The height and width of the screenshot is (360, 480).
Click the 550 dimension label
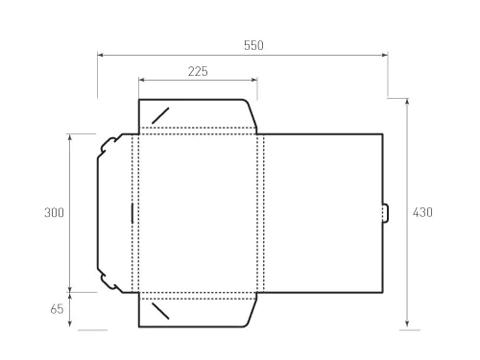click(x=253, y=45)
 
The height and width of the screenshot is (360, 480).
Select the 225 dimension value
click(x=197, y=71)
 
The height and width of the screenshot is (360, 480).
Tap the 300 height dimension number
click(x=54, y=213)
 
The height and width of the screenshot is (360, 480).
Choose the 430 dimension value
click(x=422, y=213)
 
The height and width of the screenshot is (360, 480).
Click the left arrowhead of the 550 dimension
click(x=100, y=56)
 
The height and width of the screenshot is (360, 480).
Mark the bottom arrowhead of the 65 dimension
click(x=70, y=325)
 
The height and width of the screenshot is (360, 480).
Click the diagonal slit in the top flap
click(x=160, y=115)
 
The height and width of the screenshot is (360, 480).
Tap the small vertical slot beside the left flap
click(x=131, y=212)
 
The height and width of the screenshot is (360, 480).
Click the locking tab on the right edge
click(x=386, y=212)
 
